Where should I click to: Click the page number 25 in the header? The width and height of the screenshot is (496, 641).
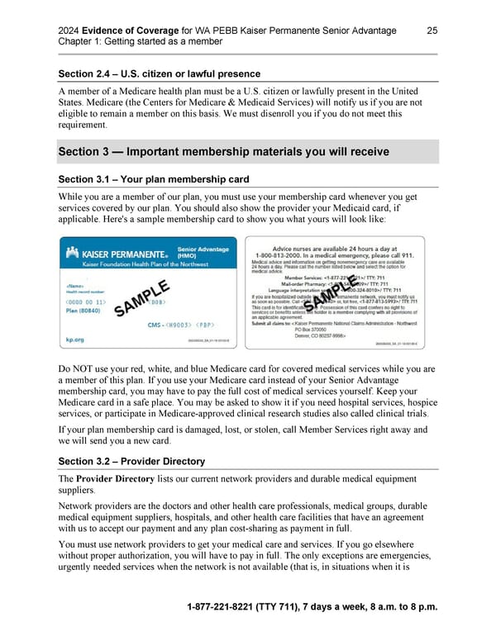pos(432,31)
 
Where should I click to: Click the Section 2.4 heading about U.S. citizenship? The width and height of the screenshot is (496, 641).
pos(160,75)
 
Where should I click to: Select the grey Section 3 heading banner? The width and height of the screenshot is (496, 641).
pos(248,152)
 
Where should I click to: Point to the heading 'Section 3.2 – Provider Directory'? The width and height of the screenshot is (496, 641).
pos(131,461)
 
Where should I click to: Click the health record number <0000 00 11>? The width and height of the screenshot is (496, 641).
pos(85,303)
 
